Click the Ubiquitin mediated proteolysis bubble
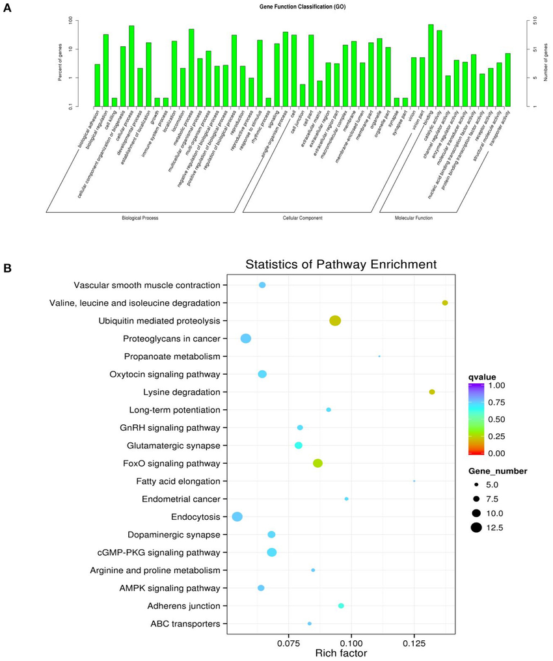(x=335, y=320)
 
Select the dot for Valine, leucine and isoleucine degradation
(x=445, y=303)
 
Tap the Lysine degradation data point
(x=432, y=392)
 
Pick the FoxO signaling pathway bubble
(x=317, y=463)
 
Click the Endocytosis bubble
(x=237, y=517)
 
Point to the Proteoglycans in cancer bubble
(x=246, y=338)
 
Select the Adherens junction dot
(x=341, y=606)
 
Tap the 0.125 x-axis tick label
(x=414, y=643)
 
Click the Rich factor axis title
(x=342, y=653)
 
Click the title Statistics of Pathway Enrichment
(x=340, y=265)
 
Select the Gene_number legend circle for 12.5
(x=477, y=528)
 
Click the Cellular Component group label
(x=302, y=218)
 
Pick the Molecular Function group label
(x=414, y=218)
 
